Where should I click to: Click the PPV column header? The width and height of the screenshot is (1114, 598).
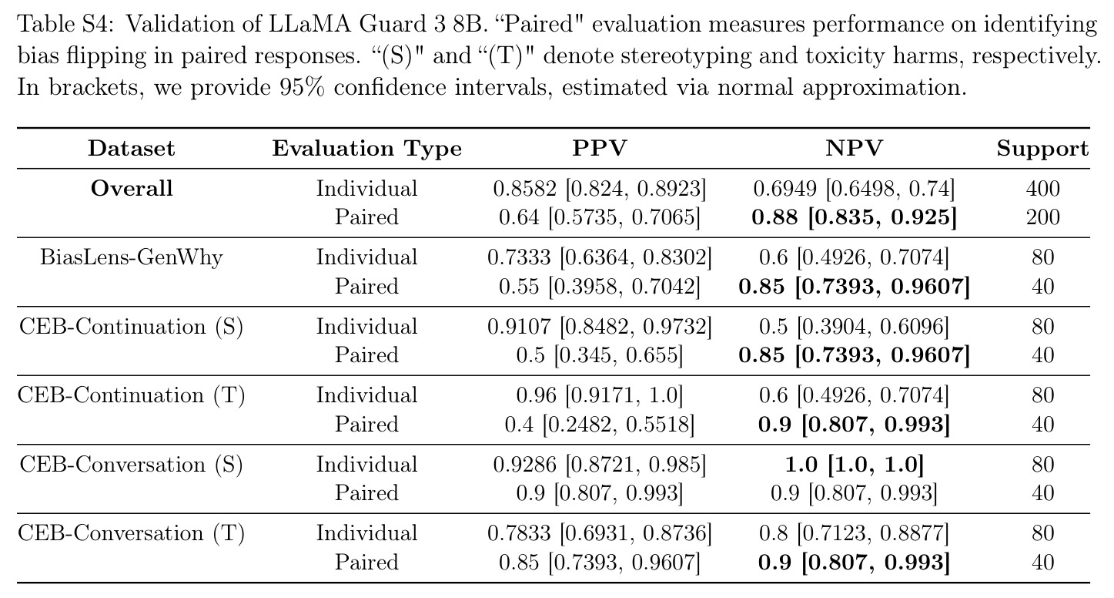599,149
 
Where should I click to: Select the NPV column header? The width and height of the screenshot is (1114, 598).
854,149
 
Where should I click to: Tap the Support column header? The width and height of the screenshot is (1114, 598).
1042,149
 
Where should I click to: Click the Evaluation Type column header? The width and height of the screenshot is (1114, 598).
367,149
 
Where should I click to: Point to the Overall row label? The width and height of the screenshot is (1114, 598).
132,188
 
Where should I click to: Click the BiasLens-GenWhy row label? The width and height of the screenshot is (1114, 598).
132,258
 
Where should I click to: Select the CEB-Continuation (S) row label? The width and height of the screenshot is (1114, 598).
132,328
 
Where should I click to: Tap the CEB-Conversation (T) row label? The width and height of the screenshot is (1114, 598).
132,533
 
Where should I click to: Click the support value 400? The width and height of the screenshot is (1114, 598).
1042,189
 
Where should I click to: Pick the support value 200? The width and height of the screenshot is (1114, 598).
1042,217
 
